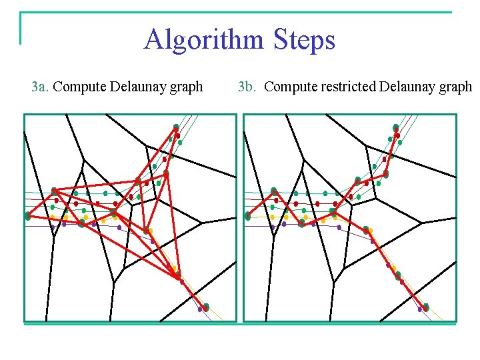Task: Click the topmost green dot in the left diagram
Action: tap(176, 127)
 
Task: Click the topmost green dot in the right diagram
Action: tap(396, 127)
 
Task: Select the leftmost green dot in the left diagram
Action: tap(28, 216)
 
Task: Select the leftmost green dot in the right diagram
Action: tap(248, 216)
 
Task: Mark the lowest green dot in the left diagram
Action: tap(206, 307)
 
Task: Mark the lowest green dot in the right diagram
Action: tap(426, 307)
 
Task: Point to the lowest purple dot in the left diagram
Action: tap(200, 309)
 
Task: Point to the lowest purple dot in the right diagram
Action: tap(420, 309)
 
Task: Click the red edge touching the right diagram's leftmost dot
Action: tap(260, 204)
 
